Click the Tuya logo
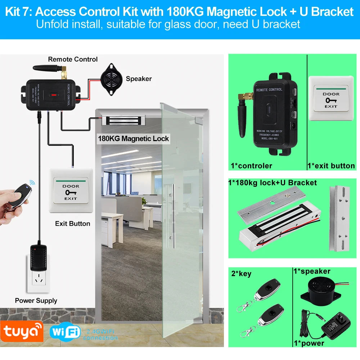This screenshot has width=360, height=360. (22, 331)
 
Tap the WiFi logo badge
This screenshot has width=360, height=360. (65, 332)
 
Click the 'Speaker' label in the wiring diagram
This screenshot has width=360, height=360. (139, 79)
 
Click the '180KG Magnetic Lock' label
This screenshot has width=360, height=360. (133, 139)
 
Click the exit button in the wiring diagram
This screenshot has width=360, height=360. (71, 191)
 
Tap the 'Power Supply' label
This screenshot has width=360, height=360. (36, 301)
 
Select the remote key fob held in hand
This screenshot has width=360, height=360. (20, 196)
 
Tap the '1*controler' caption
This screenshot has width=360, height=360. (251, 166)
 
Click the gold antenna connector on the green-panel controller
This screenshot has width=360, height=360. (246, 96)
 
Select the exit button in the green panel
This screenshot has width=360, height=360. (331, 97)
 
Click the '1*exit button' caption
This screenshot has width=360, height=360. (331, 166)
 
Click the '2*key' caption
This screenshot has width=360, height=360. (241, 274)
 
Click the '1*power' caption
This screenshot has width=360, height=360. (309, 343)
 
